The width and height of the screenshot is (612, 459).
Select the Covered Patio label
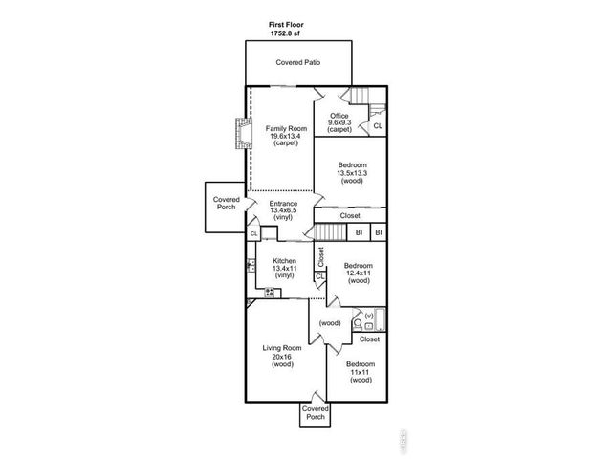[x=298, y=63]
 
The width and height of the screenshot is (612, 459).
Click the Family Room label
[x=286, y=128]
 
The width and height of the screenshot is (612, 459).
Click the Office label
[x=339, y=116]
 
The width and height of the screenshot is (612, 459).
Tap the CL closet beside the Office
[x=377, y=125]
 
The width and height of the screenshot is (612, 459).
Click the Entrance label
[x=283, y=204]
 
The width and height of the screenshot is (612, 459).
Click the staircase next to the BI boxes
[x=330, y=232]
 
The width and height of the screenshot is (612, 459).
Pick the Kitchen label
[x=284, y=260]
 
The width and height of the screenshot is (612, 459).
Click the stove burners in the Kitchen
[x=269, y=292]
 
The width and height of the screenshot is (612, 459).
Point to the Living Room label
[x=282, y=348]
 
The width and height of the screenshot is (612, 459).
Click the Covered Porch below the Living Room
[x=315, y=412]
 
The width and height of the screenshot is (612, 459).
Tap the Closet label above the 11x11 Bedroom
[x=369, y=339]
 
